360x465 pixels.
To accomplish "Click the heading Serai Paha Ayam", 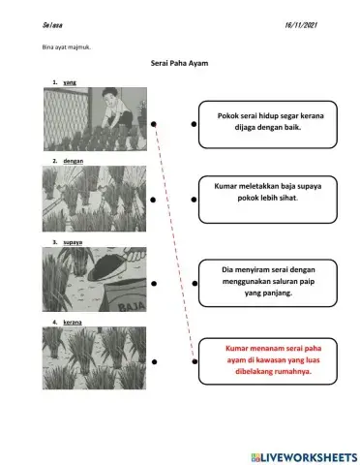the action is (180, 63).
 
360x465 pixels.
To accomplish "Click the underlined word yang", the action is (70, 84).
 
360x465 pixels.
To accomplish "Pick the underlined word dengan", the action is (74, 158).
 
